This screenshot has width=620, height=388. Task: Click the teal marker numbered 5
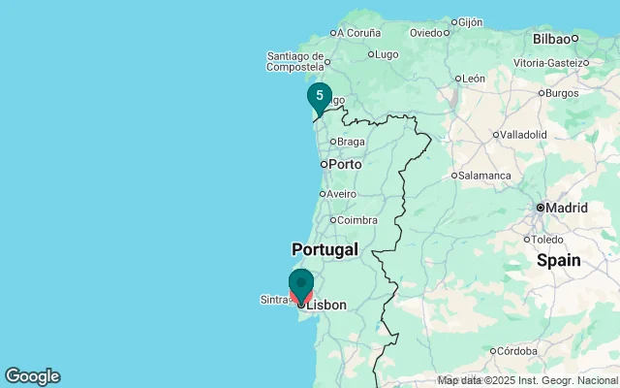coord(320,96)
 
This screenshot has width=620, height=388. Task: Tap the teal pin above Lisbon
coord(301,283)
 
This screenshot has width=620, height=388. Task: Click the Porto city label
coord(345,164)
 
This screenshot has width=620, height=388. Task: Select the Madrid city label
coord(566,208)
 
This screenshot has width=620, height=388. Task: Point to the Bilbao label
coord(551,39)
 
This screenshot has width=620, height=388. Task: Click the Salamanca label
coord(485,176)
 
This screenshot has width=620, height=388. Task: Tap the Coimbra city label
coord(357,220)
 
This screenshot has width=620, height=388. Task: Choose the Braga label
coord(351,142)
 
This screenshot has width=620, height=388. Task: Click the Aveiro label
coord(341,194)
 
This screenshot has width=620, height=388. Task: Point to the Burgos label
coord(562,93)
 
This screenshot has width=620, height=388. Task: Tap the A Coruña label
coord(358,32)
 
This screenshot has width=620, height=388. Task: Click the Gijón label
coord(471,21)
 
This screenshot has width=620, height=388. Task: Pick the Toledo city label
coord(547,239)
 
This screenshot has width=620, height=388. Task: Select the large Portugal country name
coord(325,249)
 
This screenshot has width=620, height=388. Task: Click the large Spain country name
coord(559,260)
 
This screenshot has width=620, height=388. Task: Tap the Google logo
coord(32,376)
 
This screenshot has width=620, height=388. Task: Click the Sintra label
coord(274,300)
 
